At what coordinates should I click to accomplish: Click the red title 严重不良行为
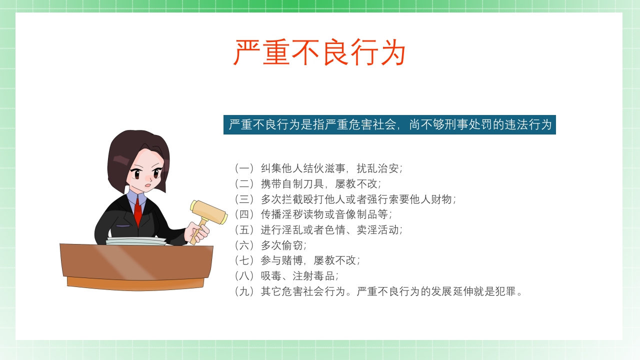319,52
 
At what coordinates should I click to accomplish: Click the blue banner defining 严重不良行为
389,124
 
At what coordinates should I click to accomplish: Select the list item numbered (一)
318,168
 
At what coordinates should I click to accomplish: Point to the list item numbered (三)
345,199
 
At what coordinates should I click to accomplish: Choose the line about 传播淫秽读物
312,214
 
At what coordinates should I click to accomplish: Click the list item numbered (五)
318,230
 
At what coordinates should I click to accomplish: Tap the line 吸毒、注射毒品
286,276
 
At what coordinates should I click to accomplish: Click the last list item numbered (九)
378,291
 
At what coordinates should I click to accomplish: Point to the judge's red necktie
138,212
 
